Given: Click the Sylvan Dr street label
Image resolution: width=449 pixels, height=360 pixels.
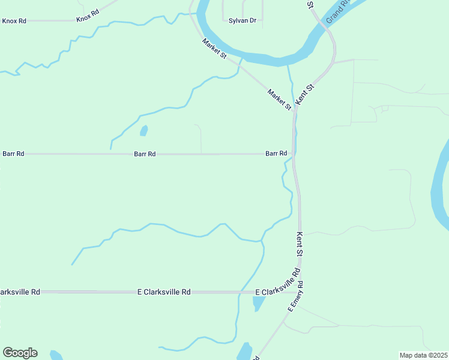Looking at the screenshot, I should [x=243, y=20].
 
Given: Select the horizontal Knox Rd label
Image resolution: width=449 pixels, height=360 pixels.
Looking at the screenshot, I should [x=14, y=20].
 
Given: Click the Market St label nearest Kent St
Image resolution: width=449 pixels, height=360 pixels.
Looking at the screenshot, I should [x=279, y=100].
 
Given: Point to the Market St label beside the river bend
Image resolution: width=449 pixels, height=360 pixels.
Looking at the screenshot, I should [x=214, y=49].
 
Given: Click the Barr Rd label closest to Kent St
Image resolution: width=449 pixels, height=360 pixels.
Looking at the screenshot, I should [x=276, y=154].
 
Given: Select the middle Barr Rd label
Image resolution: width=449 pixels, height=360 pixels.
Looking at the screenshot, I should [x=145, y=154].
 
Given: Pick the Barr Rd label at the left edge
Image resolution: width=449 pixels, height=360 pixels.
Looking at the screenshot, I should [x=13, y=154].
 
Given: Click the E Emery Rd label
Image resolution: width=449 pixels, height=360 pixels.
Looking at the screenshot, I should [x=296, y=296].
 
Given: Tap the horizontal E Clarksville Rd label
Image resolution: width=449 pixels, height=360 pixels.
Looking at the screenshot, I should [x=164, y=292].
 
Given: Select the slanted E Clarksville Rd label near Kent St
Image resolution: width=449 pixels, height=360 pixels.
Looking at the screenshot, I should [x=277, y=283].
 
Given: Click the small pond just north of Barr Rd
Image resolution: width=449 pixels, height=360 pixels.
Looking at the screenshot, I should [x=143, y=130].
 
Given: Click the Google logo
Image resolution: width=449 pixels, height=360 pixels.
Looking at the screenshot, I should [x=20, y=353].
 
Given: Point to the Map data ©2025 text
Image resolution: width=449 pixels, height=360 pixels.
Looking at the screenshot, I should [x=423, y=355].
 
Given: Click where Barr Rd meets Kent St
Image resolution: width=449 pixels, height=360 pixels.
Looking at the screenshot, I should [x=294, y=154].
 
